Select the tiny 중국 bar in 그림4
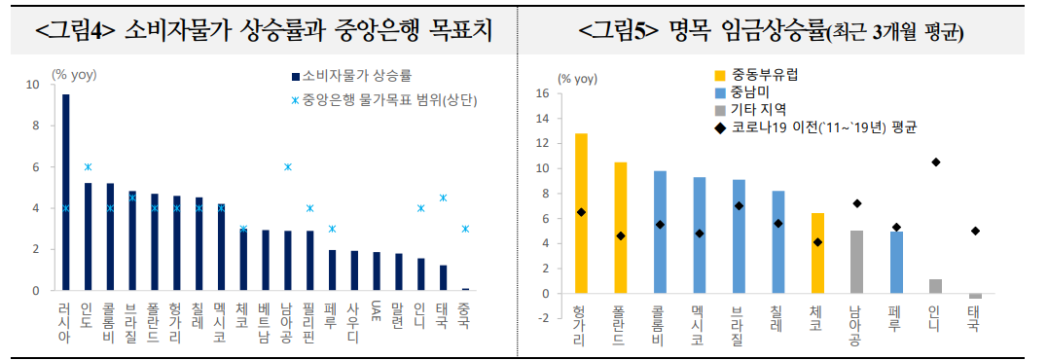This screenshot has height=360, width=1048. tap(465, 289)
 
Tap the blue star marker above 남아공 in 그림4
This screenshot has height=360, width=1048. tap(287, 167)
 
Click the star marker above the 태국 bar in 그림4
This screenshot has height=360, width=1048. tap(443, 198)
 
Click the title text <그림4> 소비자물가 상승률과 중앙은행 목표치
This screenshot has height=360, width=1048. tap(263, 31)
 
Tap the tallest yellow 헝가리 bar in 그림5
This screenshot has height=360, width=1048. tap(581, 213)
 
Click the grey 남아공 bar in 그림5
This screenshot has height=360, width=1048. tap(856, 262)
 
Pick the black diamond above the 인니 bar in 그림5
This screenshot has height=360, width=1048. tap(935, 162)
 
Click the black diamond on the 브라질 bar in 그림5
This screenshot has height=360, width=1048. tap(739, 206)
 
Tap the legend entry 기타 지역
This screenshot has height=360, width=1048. tap(758, 110)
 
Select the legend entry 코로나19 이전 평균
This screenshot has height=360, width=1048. tap(813, 127)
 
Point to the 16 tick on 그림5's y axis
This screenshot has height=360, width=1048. tap(543, 94)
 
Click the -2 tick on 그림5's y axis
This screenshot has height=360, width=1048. tap(543, 318)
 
